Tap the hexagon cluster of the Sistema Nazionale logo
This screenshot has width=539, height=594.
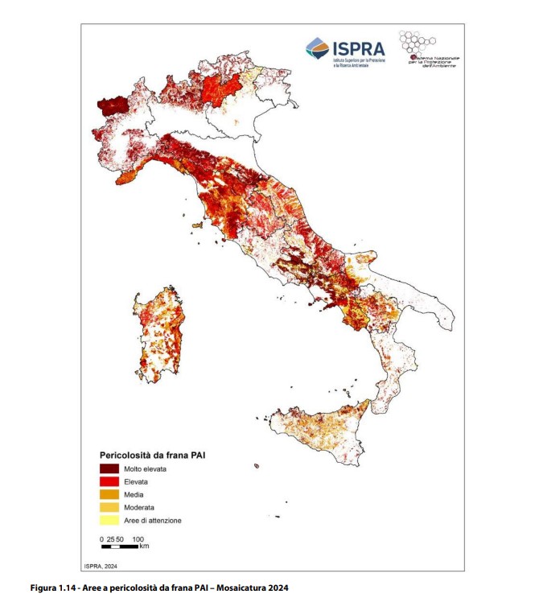pos(418,43)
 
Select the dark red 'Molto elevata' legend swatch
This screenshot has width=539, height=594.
pos(109,468)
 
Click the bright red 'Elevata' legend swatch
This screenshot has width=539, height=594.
pos(109,481)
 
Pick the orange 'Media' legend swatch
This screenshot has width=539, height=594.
pos(109,494)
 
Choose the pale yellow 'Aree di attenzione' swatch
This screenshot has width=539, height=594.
pos(109,520)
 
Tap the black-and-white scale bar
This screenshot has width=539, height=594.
pos(119,547)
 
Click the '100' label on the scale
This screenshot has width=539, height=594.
pos(138,538)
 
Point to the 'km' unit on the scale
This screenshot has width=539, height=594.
pos(144,547)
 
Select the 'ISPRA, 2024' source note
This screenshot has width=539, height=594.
pos(101,565)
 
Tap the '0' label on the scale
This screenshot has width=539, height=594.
pos(101,538)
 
